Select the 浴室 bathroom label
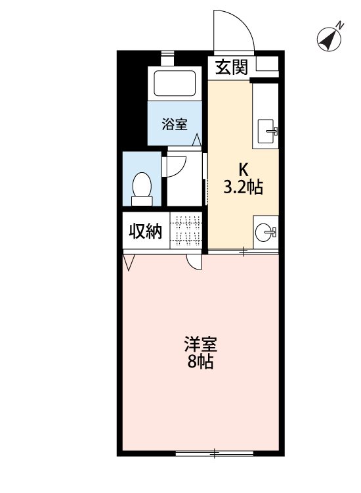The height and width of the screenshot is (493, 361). tap(175, 124)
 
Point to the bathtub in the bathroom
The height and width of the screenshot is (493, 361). tap(174, 83)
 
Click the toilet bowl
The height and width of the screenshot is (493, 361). tap(141, 185)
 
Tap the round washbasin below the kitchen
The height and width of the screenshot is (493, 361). tap(265, 231)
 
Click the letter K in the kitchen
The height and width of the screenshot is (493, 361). tap(242, 168)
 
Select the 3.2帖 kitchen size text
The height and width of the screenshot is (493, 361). tap(243, 188)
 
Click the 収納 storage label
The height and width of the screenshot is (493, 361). tap(145, 231)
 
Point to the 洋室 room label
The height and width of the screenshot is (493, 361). tap(200, 345)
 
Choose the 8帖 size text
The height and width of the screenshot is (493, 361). tap(200, 362)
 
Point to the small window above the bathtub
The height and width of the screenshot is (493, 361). tap(169, 57)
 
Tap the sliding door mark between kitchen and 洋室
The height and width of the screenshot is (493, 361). tap(243, 251)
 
